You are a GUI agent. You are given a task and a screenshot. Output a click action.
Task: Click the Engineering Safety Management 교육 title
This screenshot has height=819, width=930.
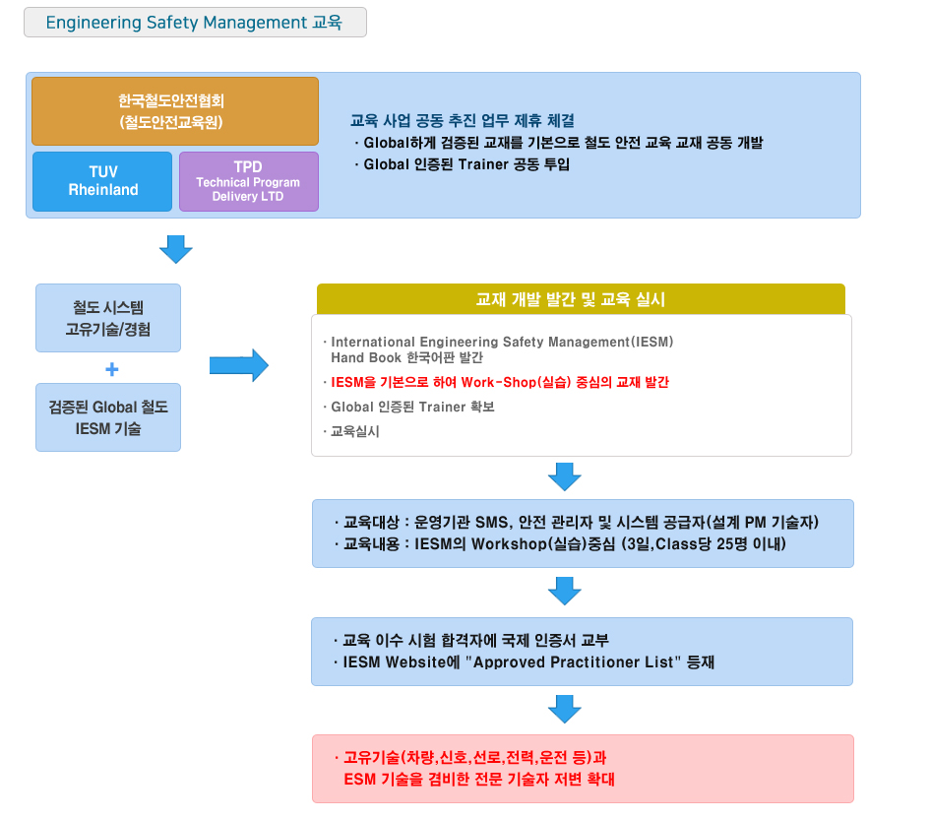[194, 23]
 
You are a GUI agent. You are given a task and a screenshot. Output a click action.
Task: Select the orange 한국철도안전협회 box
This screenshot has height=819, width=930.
[175, 111]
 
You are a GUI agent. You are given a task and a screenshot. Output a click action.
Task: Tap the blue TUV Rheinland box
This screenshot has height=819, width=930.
[102, 181]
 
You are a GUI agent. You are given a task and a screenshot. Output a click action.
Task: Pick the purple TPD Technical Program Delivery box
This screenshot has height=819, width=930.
[248, 181]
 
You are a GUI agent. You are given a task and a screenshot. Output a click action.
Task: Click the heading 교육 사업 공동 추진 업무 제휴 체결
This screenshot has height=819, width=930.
[462, 121]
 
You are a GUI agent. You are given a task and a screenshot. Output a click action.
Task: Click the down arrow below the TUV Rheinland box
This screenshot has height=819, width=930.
[175, 249]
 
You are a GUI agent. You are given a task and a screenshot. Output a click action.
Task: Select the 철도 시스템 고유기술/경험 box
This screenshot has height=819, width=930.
[108, 318]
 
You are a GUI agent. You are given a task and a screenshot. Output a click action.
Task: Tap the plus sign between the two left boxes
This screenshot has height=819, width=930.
[111, 369]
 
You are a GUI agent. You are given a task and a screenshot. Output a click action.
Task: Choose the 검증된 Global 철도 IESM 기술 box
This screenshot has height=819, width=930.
[108, 417]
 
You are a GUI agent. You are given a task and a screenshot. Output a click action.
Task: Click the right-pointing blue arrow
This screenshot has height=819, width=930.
[238, 365]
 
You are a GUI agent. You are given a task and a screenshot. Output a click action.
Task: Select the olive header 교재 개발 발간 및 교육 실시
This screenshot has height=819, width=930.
[581, 299]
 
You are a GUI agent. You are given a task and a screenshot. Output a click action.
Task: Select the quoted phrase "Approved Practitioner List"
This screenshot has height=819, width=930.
[577, 662]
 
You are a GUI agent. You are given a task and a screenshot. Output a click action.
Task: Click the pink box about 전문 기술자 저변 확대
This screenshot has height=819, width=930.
[583, 769]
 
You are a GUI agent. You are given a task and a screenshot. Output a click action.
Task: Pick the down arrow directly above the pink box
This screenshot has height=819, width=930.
[564, 709]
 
